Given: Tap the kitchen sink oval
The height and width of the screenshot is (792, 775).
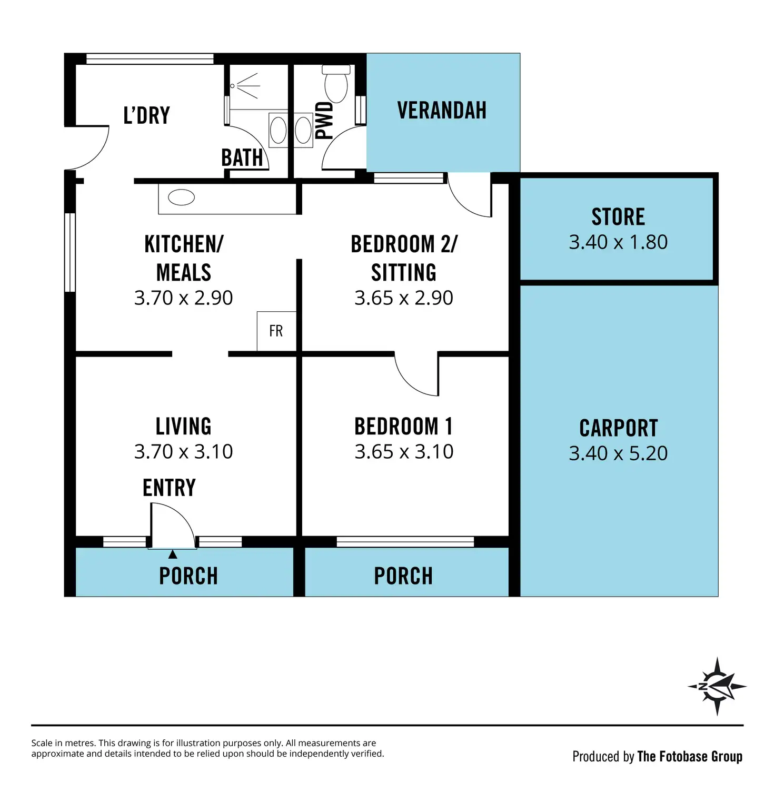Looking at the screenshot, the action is coord(182,197).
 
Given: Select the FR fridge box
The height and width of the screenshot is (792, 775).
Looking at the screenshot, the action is coord(276,331).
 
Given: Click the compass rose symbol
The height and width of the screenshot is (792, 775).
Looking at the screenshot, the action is coord(717,686).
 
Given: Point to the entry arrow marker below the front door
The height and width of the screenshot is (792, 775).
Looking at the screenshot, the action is coord(173,554).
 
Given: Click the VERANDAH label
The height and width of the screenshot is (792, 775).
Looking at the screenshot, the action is coord(442,111).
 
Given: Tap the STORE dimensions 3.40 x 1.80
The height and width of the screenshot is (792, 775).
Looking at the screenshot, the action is coord(618,242).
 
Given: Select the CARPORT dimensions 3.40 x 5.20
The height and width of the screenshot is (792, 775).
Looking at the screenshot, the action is coord(618,453).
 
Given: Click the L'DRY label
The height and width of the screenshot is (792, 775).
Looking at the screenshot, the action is coord(147,115).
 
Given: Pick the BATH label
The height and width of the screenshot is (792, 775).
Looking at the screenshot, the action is coord(242,157).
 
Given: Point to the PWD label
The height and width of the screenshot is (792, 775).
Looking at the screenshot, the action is coord(324,121).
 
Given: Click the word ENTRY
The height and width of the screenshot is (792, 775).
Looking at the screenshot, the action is coord(169,488).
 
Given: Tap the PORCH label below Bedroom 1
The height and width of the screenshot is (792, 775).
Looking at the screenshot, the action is coord(403,576).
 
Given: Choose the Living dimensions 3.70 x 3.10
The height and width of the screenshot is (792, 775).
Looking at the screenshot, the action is coord(183,452).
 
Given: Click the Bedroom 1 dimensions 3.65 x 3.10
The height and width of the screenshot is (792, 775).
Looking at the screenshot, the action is coord(404,452).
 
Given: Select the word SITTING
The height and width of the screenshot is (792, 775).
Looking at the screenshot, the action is coord(404,273).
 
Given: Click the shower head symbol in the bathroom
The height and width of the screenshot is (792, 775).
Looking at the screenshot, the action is coord(245,86).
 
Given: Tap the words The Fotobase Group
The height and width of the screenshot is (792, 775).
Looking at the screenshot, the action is coord(690,757).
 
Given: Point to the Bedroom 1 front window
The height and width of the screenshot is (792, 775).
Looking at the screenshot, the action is coord(405,541).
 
